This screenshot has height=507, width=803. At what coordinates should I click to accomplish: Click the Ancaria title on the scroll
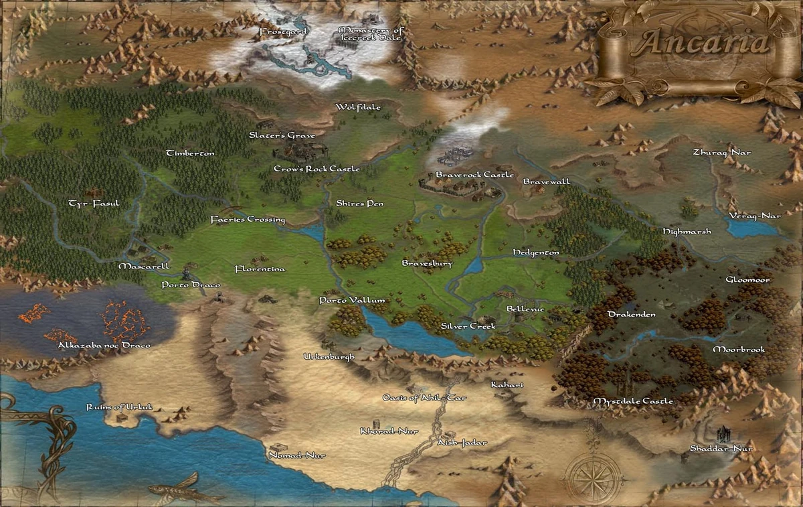(702, 42)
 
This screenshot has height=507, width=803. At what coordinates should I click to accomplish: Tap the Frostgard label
(283, 31)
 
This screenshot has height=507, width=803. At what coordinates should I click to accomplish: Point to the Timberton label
(190, 153)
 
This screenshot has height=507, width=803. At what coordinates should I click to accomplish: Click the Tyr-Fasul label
(94, 202)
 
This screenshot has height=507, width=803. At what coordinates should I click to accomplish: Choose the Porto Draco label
(191, 285)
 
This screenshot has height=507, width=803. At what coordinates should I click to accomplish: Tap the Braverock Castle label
(474, 175)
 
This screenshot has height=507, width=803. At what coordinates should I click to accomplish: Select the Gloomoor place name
(748, 279)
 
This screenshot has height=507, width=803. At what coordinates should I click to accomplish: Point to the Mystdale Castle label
(633, 401)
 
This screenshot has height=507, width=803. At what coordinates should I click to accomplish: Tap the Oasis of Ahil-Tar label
(424, 398)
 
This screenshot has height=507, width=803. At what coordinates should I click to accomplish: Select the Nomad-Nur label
(296, 455)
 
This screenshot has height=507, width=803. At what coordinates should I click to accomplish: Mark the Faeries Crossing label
(248, 220)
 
